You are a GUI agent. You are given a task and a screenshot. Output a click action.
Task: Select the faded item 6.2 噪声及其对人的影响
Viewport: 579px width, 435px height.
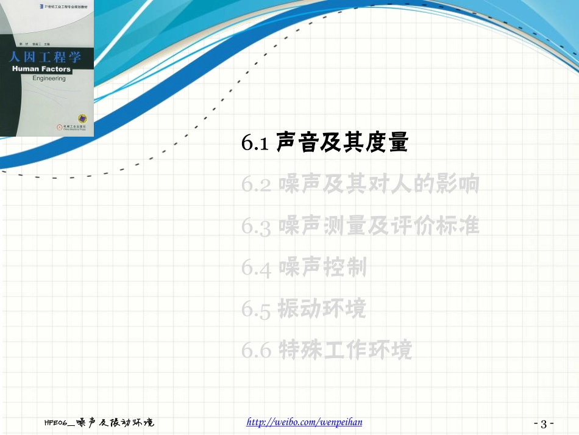tap(360, 184)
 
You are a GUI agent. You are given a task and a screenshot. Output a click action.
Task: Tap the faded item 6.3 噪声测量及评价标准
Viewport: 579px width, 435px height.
tap(360, 226)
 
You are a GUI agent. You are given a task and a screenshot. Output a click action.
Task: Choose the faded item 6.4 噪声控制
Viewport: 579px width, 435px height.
tap(304, 267)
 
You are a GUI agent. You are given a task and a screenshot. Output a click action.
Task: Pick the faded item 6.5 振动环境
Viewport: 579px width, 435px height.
tap(304, 309)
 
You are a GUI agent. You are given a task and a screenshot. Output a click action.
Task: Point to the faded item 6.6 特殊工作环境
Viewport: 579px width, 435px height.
tap(327, 350)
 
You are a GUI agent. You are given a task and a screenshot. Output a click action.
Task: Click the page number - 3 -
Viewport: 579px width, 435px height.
tap(544, 423)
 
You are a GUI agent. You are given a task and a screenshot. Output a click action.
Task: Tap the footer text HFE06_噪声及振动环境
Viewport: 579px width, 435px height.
tap(99, 422)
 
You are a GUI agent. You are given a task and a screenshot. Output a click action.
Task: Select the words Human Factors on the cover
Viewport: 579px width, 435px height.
tap(41, 70)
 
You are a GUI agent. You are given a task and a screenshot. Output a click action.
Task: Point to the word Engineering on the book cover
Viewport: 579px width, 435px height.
tap(49, 79)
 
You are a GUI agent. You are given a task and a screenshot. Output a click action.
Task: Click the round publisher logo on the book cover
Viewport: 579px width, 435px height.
tap(80, 118)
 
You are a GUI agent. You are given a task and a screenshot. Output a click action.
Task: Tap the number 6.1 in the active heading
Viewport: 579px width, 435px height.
tap(255, 143)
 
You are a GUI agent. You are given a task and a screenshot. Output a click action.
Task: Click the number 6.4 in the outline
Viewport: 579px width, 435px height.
tap(256, 268)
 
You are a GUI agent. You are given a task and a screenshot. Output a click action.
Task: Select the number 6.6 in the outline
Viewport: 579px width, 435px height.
tap(256, 351)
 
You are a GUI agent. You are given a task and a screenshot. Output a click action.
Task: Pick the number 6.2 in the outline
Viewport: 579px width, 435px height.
tap(256, 185)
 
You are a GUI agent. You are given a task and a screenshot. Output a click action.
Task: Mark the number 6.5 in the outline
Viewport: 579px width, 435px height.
tap(256, 309)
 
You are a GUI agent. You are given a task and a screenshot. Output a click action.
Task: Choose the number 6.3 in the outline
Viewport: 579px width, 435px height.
tap(256, 226)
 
